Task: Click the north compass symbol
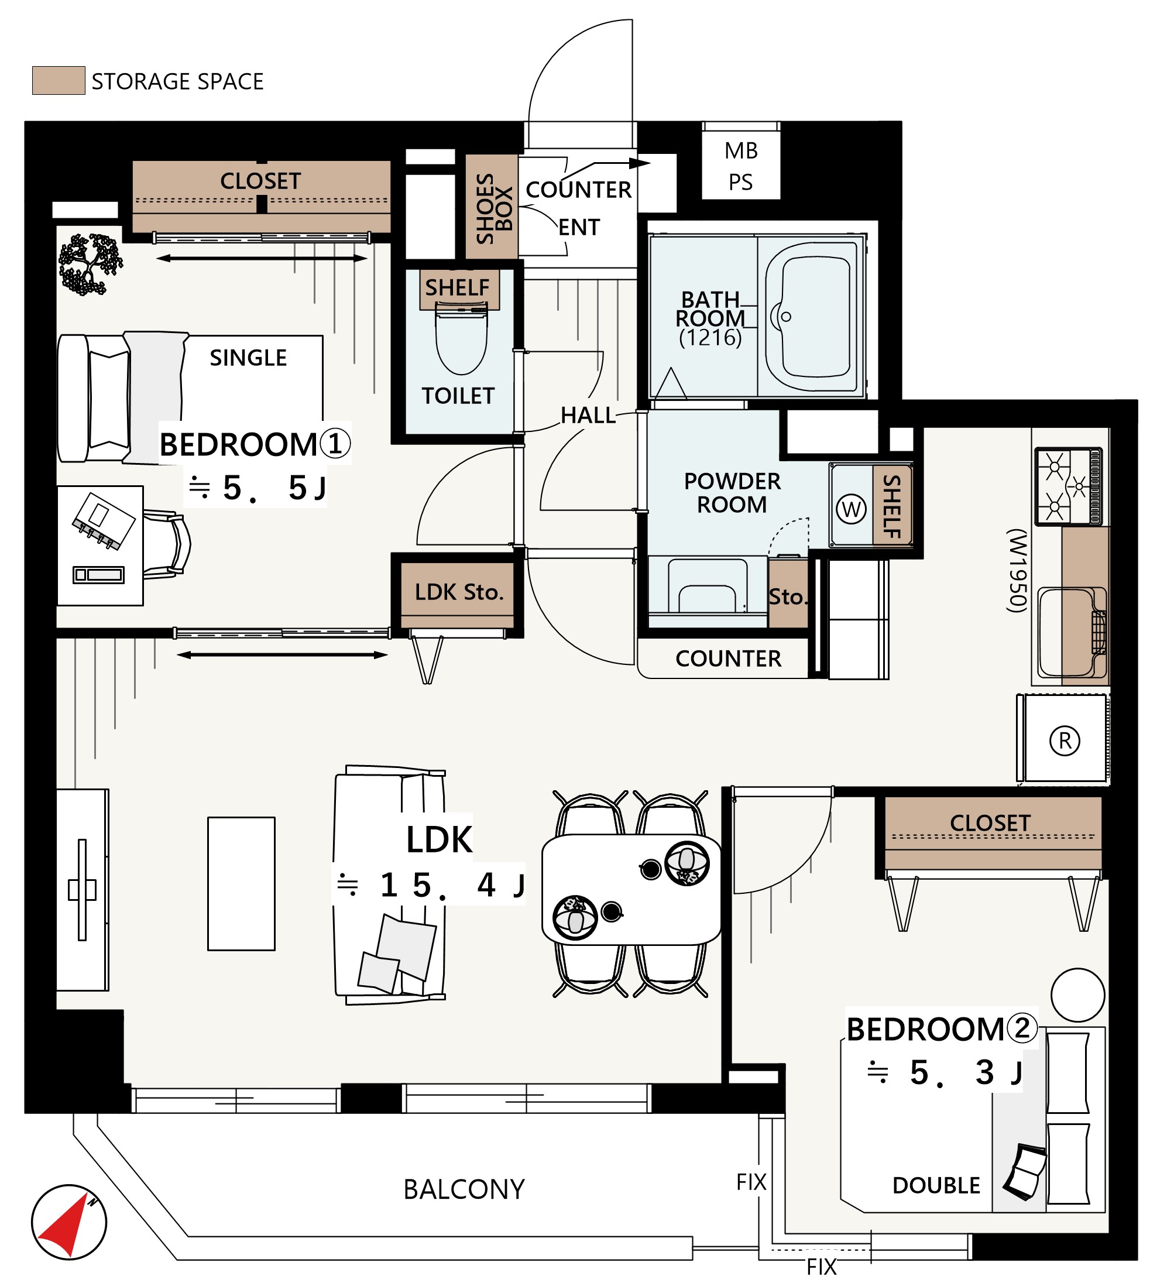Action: click(69, 1222)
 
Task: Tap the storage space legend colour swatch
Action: click(59, 80)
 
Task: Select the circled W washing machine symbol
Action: click(850, 509)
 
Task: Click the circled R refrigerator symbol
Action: click(1065, 740)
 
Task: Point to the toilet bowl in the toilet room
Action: click(461, 339)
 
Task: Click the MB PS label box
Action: click(740, 166)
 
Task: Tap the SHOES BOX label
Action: click(493, 208)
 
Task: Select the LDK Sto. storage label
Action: click(459, 592)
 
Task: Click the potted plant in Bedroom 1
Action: click(90, 264)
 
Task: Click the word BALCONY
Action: click(464, 1189)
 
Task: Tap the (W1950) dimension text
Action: click(1017, 570)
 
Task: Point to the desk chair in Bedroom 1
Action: click(167, 544)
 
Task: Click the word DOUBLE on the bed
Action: click(936, 1185)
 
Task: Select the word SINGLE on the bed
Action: click(248, 358)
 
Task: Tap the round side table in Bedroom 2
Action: click(1078, 995)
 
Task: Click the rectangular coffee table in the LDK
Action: click(241, 883)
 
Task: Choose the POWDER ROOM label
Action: click(732, 493)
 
